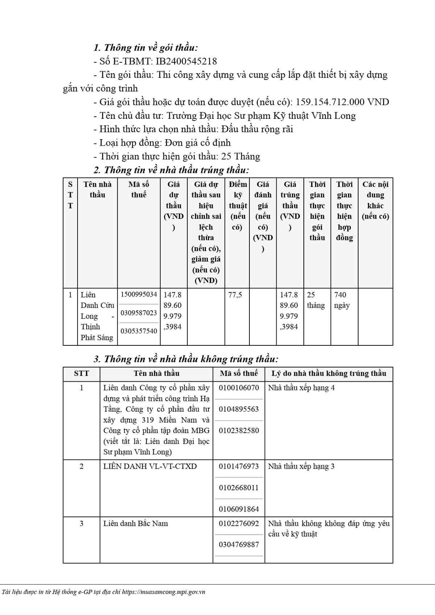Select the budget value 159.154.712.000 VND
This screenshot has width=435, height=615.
(x=342, y=102)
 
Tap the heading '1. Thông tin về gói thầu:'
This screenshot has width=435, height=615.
(x=146, y=48)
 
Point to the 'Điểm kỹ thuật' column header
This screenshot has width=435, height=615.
(x=238, y=205)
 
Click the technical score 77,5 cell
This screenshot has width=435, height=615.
(x=235, y=295)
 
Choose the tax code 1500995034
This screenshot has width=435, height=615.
(x=139, y=294)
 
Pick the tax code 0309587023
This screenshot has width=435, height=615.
(x=139, y=313)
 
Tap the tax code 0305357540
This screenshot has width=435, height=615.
(x=139, y=331)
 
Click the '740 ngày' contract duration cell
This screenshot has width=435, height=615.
(x=342, y=300)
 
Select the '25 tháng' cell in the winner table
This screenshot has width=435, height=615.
(x=316, y=300)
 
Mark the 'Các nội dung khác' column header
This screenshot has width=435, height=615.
(x=375, y=200)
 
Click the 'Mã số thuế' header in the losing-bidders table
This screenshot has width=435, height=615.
(x=239, y=374)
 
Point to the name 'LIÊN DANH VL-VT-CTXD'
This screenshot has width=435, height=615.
(x=150, y=466)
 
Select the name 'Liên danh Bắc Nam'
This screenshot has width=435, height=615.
(x=136, y=524)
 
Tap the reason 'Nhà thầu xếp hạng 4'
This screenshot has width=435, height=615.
(x=301, y=388)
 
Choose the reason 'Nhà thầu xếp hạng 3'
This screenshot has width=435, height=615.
(x=301, y=466)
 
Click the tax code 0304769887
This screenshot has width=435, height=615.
(x=239, y=545)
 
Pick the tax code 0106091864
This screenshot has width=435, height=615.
(x=239, y=509)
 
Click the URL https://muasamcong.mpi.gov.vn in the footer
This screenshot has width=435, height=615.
(x=163, y=592)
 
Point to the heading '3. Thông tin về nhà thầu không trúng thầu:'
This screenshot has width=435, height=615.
(x=186, y=359)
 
